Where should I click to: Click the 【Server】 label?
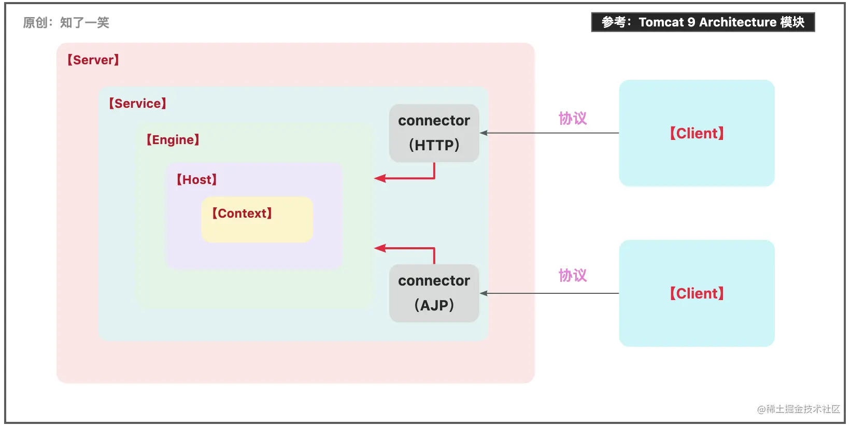click(x=93, y=60)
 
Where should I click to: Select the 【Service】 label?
click(x=137, y=104)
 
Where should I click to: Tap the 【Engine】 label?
click(x=173, y=140)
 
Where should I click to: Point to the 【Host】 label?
click(x=196, y=180)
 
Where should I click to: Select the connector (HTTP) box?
click(x=434, y=133)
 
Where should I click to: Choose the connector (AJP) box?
click(x=434, y=293)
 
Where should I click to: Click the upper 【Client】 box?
click(x=697, y=133)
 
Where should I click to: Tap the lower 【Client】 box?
click(x=697, y=293)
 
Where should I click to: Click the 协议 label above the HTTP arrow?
click(x=573, y=119)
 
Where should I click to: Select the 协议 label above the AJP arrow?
click(x=573, y=276)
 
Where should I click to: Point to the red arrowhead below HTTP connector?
click(x=380, y=179)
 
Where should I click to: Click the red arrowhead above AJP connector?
click(x=380, y=248)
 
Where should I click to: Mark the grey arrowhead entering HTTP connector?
click(x=484, y=133)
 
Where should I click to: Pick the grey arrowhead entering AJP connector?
click(x=484, y=293)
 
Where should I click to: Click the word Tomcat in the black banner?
click(x=661, y=22)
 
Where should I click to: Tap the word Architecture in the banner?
click(x=737, y=22)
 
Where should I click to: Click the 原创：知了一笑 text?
click(x=66, y=23)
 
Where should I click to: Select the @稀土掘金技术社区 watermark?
click(x=798, y=409)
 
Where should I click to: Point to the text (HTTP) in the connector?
click(x=434, y=146)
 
